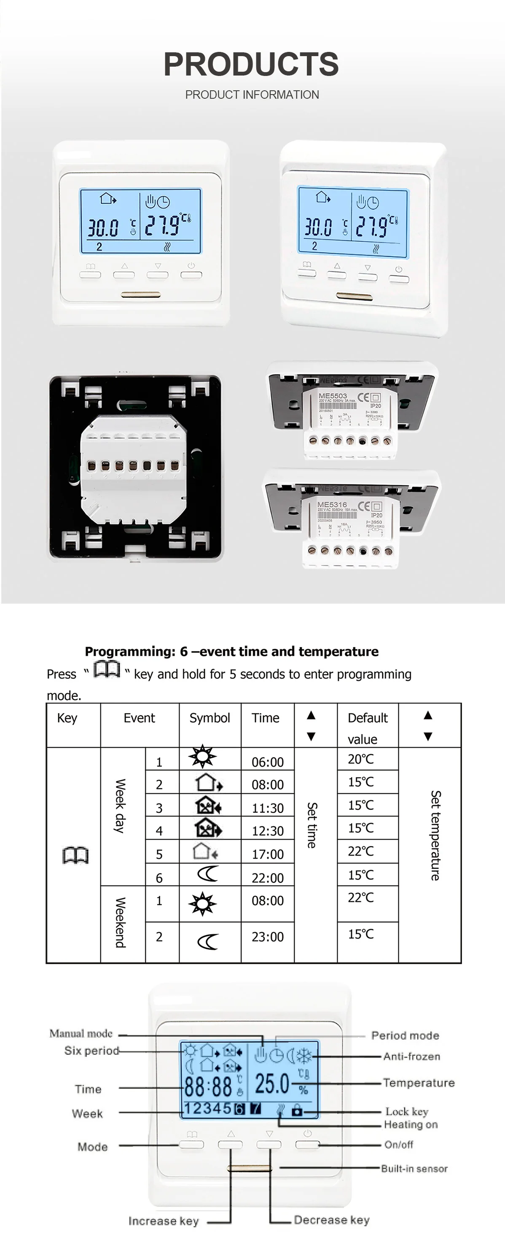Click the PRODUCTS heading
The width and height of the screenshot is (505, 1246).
tap(251, 64)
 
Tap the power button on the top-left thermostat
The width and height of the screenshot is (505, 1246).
tap(191, 274)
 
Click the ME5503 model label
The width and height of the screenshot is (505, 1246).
tap(333, 396)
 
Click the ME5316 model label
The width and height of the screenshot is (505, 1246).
tap(332, 505)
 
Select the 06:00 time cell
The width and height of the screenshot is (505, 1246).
tap(267, 762)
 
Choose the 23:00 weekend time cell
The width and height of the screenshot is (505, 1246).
tap(267, 937)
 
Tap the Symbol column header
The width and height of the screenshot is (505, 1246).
tap(210, 718)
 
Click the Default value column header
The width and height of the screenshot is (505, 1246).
tap(367, 727)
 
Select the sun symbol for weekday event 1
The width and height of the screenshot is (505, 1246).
tap(202, 757)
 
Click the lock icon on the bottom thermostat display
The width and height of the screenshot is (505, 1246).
tap(297, 1110)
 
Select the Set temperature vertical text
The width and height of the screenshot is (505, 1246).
tap(435, 835)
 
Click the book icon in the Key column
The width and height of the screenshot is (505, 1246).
tap(76, 855)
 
